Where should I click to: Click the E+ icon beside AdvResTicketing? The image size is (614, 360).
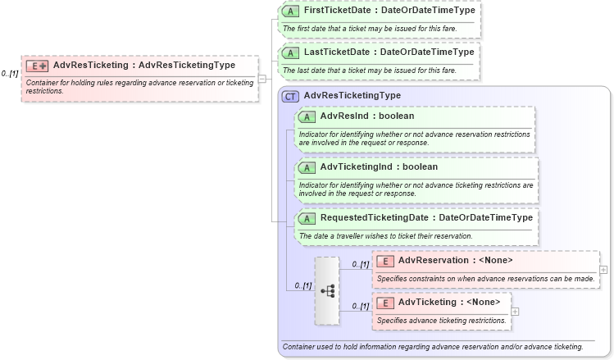coord(37,66)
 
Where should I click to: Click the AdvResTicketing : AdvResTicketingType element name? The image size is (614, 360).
coord(144,66)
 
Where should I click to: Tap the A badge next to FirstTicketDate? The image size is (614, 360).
coord(290,11)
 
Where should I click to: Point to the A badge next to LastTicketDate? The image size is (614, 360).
coord(290,52)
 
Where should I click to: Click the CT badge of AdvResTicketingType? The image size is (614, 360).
coord(290,96)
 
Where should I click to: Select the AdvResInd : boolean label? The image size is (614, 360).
coord(367,116)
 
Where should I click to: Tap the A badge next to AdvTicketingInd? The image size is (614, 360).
coord(307,167)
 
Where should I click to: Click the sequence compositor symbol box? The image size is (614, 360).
coord(326,290)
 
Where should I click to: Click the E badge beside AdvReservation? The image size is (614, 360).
coord(385,261)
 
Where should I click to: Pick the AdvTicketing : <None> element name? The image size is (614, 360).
coord(448,303)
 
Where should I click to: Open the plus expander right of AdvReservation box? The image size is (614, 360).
coord(603,269)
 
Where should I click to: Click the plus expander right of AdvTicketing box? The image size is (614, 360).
coord(516,311)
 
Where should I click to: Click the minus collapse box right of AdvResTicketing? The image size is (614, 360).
coord(262,79)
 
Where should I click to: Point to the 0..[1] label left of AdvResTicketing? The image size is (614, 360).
coord(10,74)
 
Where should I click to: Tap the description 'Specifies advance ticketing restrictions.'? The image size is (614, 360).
coord(441,321)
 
